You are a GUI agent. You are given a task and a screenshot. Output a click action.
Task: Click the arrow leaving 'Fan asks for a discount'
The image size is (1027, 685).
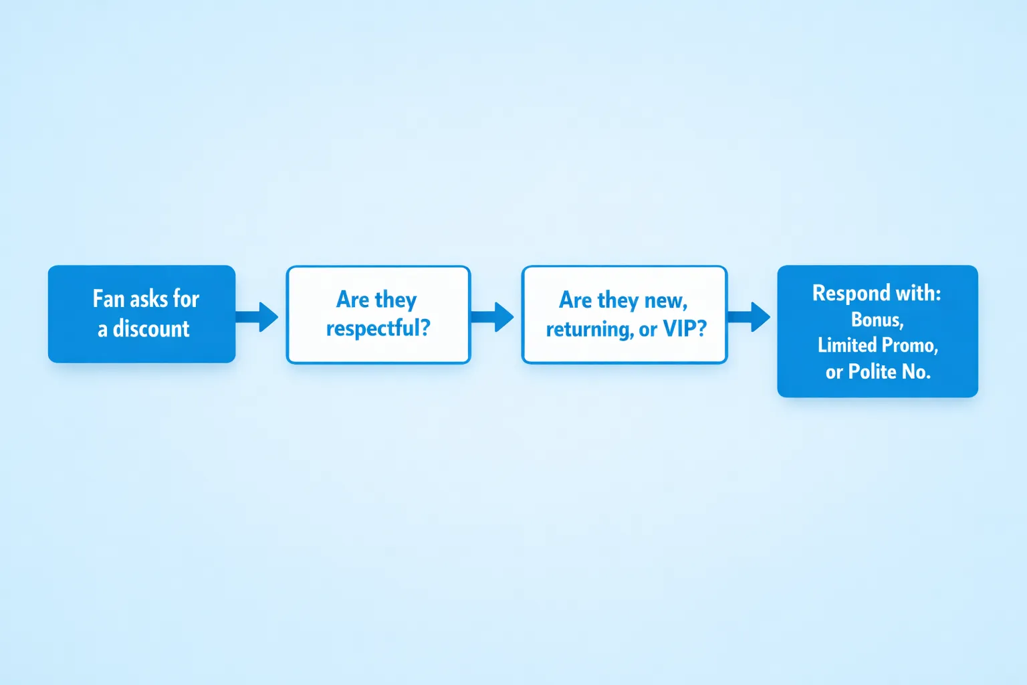(x=258, y=316)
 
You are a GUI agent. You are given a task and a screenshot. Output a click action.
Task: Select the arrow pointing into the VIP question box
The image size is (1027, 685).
(x=493, y=316)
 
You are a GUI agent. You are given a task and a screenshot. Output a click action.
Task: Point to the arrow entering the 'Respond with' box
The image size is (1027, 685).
(x=750, y=316)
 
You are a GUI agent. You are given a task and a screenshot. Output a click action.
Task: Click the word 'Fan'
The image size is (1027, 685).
(x=108, y=299)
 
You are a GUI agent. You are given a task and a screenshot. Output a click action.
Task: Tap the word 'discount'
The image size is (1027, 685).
(x=151, y=328)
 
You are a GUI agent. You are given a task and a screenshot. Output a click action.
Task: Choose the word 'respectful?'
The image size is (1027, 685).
(x=378, y=328)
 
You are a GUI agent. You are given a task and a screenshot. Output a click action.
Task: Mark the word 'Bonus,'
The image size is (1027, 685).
(x=877, y=320)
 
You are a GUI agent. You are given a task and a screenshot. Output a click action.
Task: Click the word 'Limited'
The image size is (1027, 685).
(x=847, y=345)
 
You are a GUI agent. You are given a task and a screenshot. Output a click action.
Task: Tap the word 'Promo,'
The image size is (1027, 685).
(x=910, y=346)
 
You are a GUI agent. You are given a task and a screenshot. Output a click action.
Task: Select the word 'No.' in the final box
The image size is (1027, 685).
(x=916, y=371)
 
